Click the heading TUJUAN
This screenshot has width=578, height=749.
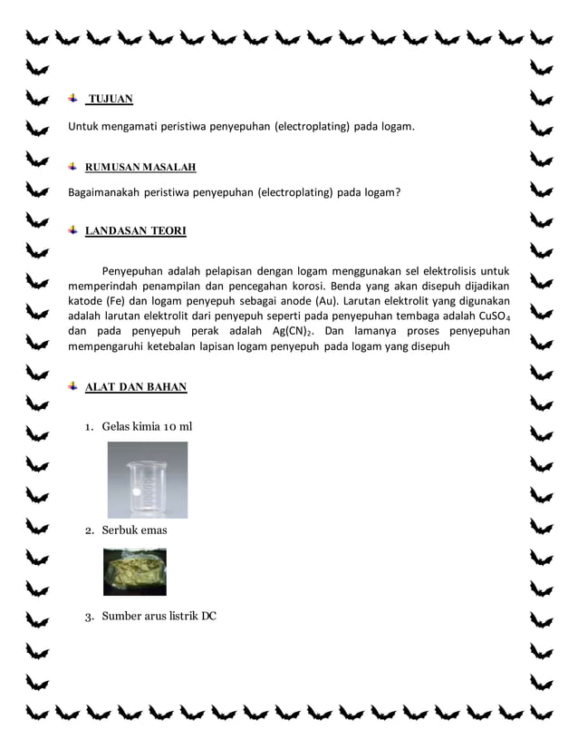click(110, 99)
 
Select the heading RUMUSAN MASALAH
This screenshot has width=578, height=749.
click(140, 168)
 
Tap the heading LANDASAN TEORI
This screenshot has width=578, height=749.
click(135, 231)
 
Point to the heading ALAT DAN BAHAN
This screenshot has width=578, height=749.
click(136, 387)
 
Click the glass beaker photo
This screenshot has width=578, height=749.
click(147, 480)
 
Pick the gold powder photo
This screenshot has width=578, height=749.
click(135, 571)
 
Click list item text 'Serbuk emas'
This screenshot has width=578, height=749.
click(134, 530)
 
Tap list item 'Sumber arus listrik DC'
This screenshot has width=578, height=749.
click(159, 617)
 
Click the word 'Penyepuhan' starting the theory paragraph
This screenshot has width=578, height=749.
click(134, 270)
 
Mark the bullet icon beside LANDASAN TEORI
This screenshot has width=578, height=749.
click(73, 230)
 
